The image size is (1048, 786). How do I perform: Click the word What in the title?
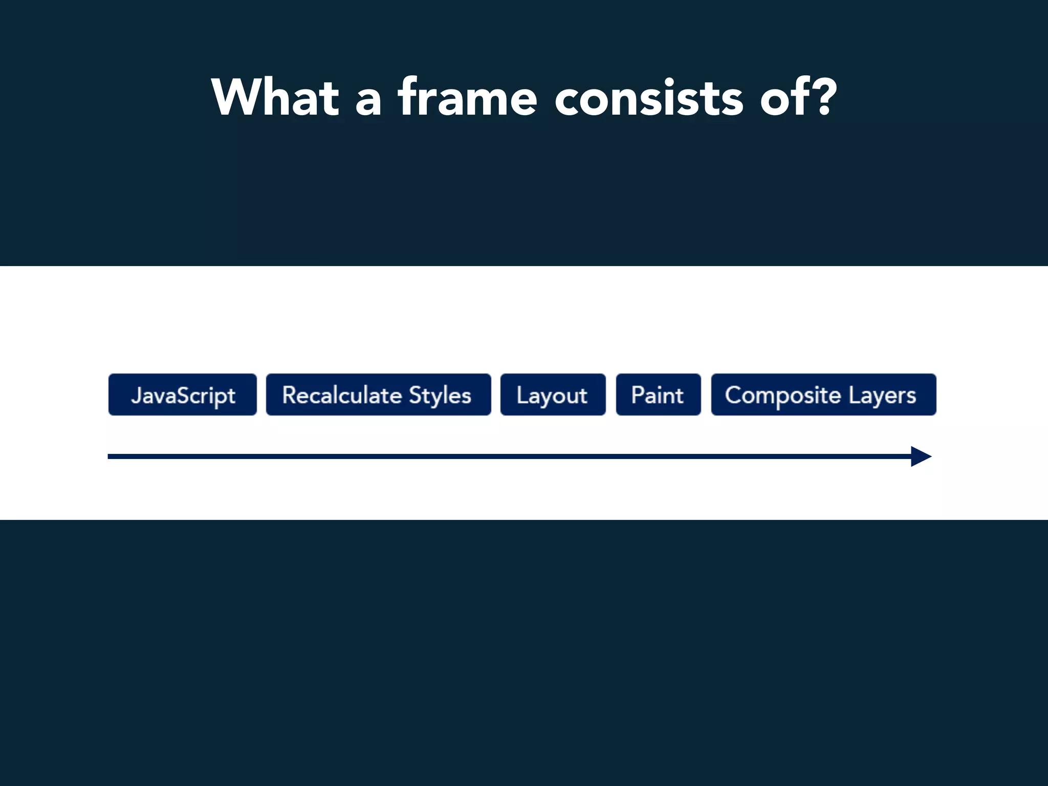(275, 97)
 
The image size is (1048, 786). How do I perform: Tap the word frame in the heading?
(467, 97)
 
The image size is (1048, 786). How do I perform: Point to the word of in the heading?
(781, 97)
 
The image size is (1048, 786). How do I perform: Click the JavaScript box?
(183, 395)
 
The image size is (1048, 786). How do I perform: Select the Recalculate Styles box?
(378, 395)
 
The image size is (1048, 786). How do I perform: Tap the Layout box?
(553, 395)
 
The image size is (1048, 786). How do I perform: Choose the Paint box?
(658, 395)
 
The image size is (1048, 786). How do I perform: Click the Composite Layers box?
(823, 395)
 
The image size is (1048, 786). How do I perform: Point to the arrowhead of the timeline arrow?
(921, 456)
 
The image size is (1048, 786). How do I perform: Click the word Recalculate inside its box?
(342, 395)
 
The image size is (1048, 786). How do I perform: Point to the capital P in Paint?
(637, 395)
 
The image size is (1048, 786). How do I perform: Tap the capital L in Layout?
(520, 395)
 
